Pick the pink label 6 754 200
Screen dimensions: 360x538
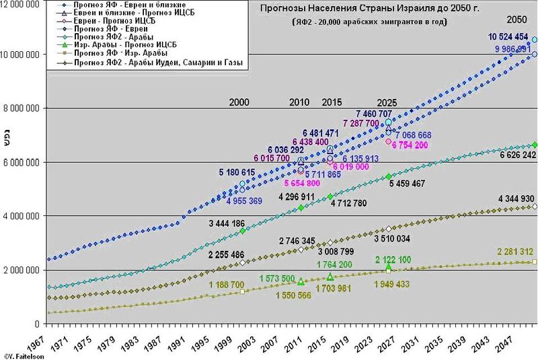(x=410, y=145)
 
